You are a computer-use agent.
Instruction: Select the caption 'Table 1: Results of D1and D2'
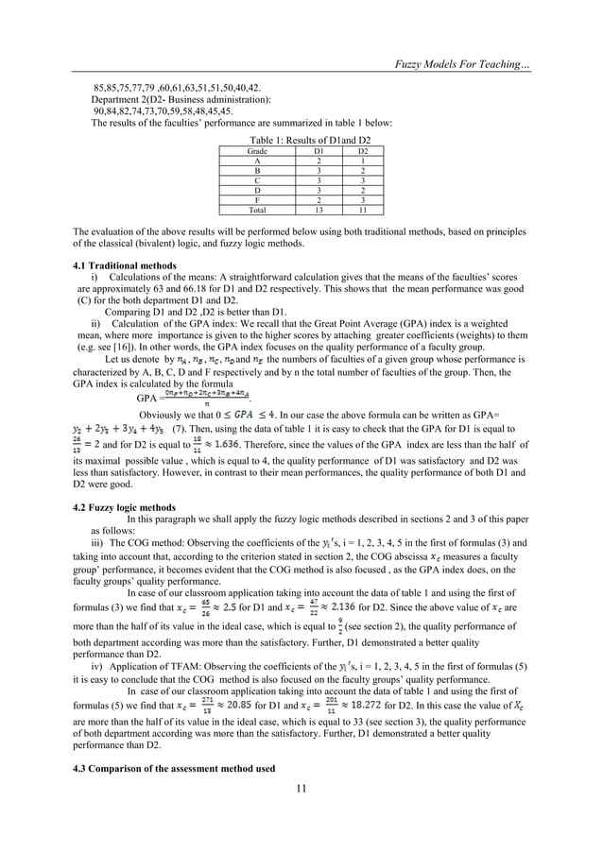coord(302,140)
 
